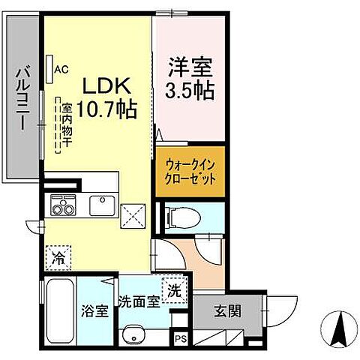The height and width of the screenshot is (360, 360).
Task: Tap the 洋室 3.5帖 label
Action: point(189,79)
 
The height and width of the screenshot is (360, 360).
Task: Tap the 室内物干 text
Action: point(67,124)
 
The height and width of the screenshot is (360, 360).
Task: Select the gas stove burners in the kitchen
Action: point(62,205)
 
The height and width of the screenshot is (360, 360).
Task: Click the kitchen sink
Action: point(100,204)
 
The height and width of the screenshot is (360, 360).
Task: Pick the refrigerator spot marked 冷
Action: point(58,257)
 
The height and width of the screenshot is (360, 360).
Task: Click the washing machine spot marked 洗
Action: point(173,290)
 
